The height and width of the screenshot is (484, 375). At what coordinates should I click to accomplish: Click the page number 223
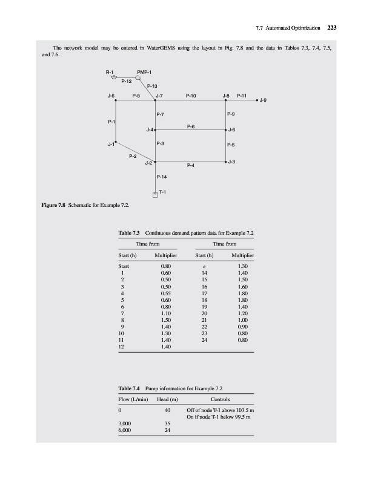tap(331, 27)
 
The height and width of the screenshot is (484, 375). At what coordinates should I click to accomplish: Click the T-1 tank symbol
tap(155, 194)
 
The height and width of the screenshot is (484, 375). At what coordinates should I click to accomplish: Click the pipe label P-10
tap(190, 95)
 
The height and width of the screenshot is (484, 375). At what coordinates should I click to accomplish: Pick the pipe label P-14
tap(162, 177)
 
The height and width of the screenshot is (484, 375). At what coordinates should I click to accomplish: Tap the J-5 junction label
tap(232, 130)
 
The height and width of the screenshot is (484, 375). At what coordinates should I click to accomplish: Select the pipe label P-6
tap(190, 126)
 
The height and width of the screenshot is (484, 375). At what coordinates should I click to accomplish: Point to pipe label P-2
tap(133, 157)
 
